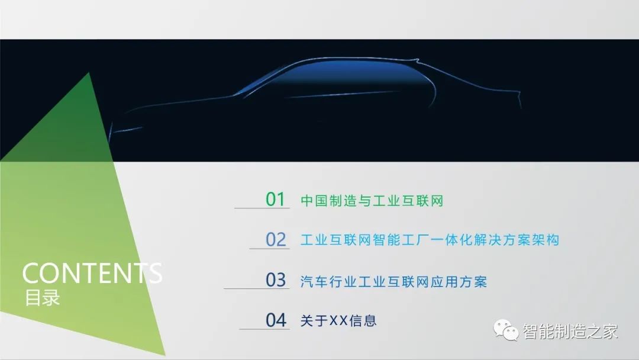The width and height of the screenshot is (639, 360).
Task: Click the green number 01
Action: point(275,199)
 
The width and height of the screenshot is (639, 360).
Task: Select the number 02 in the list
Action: point(276,239)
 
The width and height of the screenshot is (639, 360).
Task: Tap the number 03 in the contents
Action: point(276,279)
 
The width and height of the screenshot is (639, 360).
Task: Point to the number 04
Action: point(276,320)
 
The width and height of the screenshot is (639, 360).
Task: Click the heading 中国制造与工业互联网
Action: point(372,201)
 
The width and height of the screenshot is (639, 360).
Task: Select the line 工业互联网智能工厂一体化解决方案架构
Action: point(430,240)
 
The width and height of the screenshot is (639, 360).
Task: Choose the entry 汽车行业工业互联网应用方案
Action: point(393,282)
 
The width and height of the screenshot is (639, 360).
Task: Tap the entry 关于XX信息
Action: point(338,320)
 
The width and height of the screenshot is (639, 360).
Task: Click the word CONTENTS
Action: point(92,273)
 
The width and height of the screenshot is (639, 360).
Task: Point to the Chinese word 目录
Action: point(43,298)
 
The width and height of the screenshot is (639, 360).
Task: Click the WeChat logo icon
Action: point(506,330)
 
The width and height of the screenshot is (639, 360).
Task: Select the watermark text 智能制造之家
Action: point(570,331)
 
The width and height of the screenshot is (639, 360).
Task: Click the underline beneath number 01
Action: point(262,208)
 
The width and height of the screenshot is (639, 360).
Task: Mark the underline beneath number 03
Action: point(256,288)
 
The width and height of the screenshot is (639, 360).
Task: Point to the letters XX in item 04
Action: point(338,321)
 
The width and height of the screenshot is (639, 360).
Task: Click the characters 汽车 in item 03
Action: point(314,282)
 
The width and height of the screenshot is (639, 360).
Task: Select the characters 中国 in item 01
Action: point(314,201)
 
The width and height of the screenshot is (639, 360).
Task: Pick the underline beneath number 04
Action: point(264,329)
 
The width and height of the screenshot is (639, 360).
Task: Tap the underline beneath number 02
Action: point(269,248)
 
